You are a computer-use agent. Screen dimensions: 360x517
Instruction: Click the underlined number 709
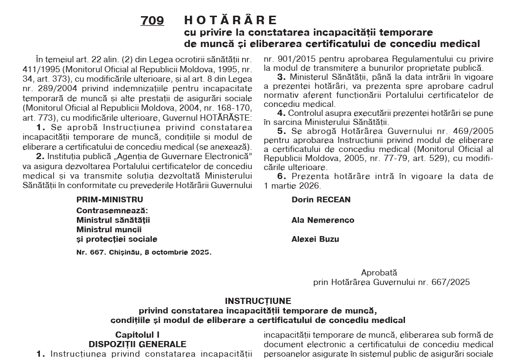click(152, 21)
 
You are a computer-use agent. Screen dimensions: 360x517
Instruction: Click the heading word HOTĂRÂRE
click(230, 20)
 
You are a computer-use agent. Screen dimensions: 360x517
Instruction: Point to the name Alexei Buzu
click(315, 239)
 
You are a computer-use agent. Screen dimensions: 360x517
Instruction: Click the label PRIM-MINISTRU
click(110, 200)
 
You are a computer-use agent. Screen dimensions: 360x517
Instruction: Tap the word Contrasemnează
click(113, 210)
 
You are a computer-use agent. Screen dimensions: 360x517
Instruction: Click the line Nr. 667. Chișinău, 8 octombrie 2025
click(144, 252)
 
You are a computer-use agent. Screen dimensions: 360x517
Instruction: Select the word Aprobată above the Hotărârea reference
click(379, 273)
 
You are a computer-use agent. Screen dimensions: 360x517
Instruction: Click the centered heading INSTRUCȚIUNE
click(258, 301)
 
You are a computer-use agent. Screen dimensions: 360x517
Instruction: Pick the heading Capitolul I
click(137, 335)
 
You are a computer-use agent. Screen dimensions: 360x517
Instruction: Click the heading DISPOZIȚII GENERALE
click(137, 344)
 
